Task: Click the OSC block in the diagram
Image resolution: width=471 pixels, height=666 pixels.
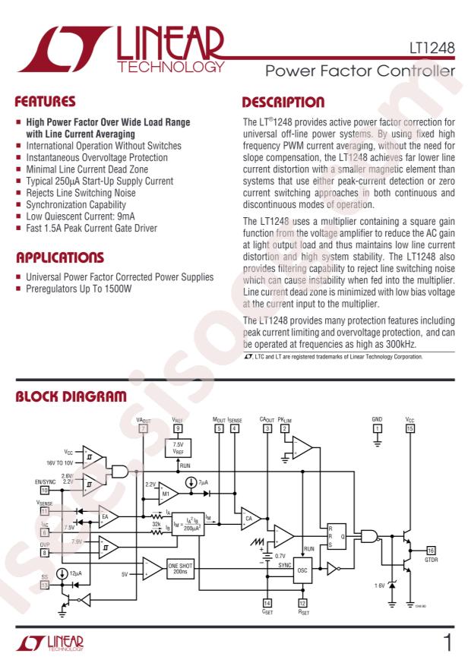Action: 302,569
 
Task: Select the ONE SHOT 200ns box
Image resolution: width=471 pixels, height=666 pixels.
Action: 183,569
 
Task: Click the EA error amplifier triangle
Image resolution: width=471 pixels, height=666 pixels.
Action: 106,520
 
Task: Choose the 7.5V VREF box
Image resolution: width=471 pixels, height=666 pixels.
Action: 178,447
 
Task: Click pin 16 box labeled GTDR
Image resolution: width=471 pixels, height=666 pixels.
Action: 431,550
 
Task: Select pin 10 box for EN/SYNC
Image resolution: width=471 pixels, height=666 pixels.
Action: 44,490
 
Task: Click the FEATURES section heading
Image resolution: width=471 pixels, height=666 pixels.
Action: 46,102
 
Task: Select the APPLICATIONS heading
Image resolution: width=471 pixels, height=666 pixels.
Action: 60,257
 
